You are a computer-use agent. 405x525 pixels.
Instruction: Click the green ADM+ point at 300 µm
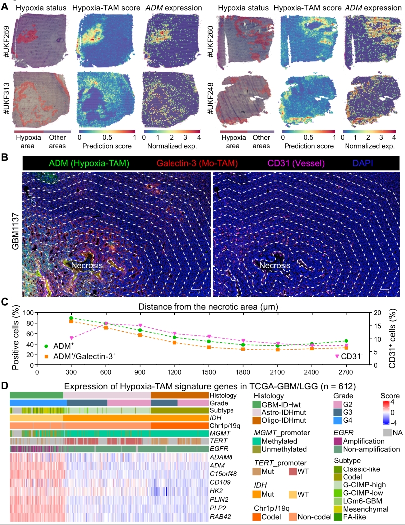(x=71, y=318)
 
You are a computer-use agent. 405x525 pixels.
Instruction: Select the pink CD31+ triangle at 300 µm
(x=71, y=338)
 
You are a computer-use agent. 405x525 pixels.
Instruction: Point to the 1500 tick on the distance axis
(x=209, y=365)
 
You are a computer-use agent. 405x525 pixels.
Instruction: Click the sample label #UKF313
(x=8, y=96)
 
